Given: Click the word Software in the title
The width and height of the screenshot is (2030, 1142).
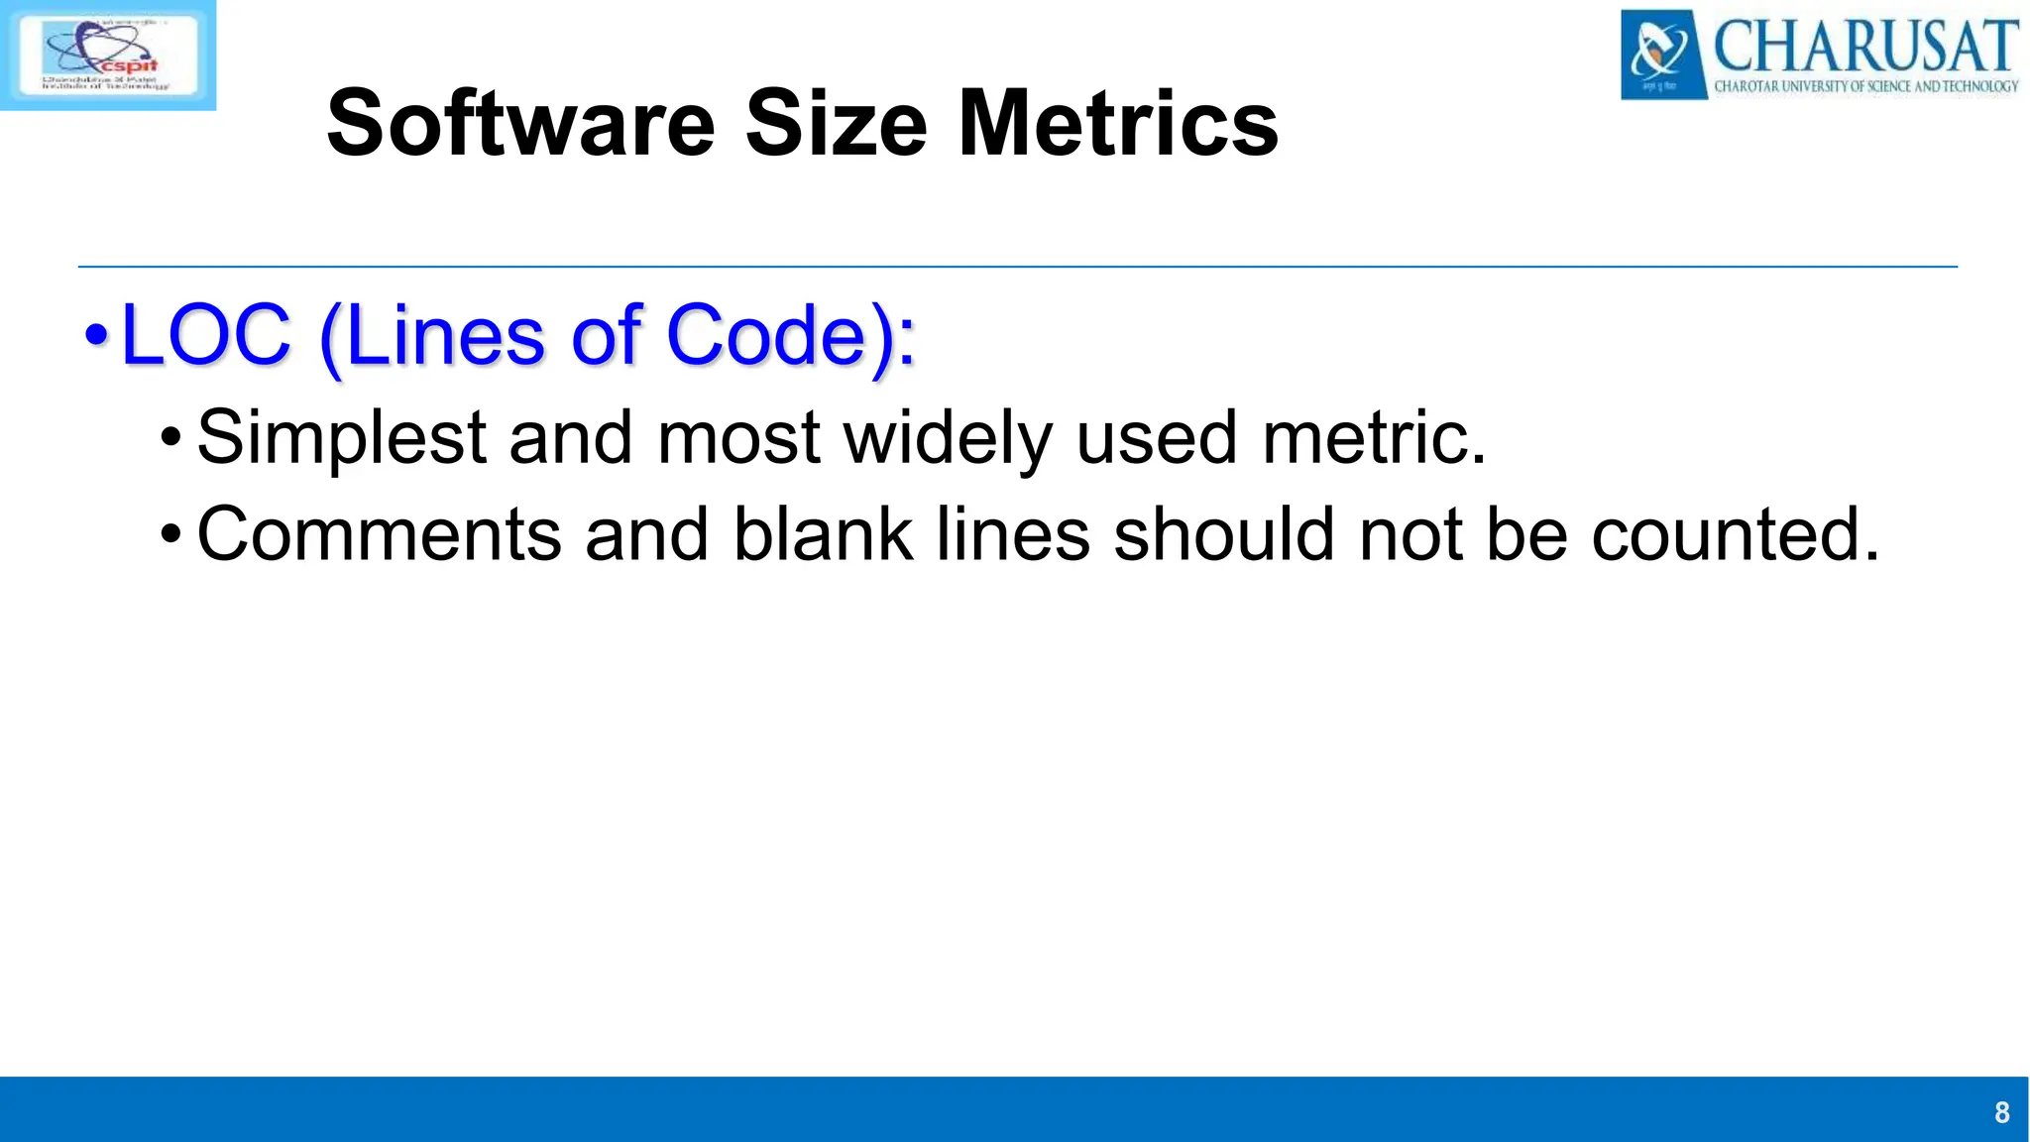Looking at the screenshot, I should click(x=520, y=124).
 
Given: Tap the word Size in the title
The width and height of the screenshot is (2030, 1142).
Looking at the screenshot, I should click(x=836, y=124).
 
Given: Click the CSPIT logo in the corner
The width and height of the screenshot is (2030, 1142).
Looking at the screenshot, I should click(x=108, y=55).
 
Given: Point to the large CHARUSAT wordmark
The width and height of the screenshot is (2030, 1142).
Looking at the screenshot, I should click(x=1865, y=45).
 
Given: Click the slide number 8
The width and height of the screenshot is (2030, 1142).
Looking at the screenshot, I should click(x=2001, y=1112).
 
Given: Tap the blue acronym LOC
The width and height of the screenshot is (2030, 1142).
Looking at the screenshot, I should click(x=206, y=335).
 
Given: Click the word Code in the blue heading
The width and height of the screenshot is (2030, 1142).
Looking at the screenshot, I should click(x=767, y=335).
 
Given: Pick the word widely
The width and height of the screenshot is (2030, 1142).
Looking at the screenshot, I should click(x=948, y=437).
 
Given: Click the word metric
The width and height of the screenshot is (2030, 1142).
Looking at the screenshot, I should click(x=1374, y=437).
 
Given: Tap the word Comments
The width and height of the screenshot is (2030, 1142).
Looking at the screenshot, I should click(x=380, y=534).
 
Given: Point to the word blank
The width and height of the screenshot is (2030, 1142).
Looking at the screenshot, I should click(x=823, y=534).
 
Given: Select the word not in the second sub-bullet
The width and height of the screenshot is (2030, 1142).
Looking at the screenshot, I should click(x=1410, y=534).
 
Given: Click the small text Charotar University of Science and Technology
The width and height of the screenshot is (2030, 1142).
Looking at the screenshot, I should click(x=1865, y=86).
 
